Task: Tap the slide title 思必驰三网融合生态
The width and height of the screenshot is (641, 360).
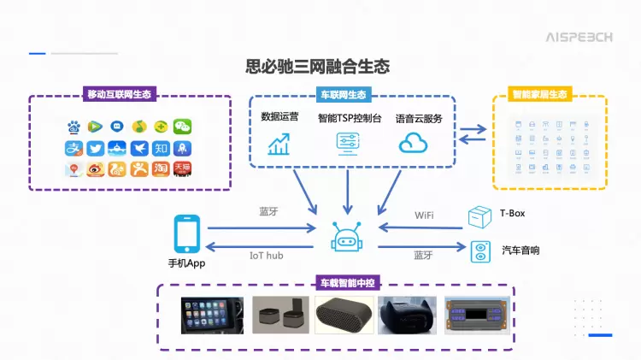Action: (x=317, y=66)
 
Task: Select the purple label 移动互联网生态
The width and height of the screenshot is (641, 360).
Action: (x=121, y=95)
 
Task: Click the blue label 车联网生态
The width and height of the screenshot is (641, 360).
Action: (x=344, y=95)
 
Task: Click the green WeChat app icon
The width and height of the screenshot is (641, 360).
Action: (x=183, y=127)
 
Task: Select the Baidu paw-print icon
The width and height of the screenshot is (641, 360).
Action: (x=74, y=127)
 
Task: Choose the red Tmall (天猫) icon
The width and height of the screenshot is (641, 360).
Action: (x=183, y=169)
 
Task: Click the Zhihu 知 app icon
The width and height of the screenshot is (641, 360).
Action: (x=161, y=148)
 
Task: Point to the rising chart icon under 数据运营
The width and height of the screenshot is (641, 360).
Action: (x=279, y=144)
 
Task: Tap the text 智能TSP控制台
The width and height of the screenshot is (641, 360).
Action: (x=349, y=119)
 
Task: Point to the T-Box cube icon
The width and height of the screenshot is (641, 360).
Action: (x=479, y=215)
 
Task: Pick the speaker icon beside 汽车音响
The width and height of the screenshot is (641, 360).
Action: (x=480, y=251)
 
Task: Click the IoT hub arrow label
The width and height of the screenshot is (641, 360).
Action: (x=266, y=255)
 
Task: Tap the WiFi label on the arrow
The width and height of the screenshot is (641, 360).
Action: (x=424, y=215)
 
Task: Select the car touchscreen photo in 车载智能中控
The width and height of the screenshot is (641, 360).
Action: (x=211, y=315)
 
